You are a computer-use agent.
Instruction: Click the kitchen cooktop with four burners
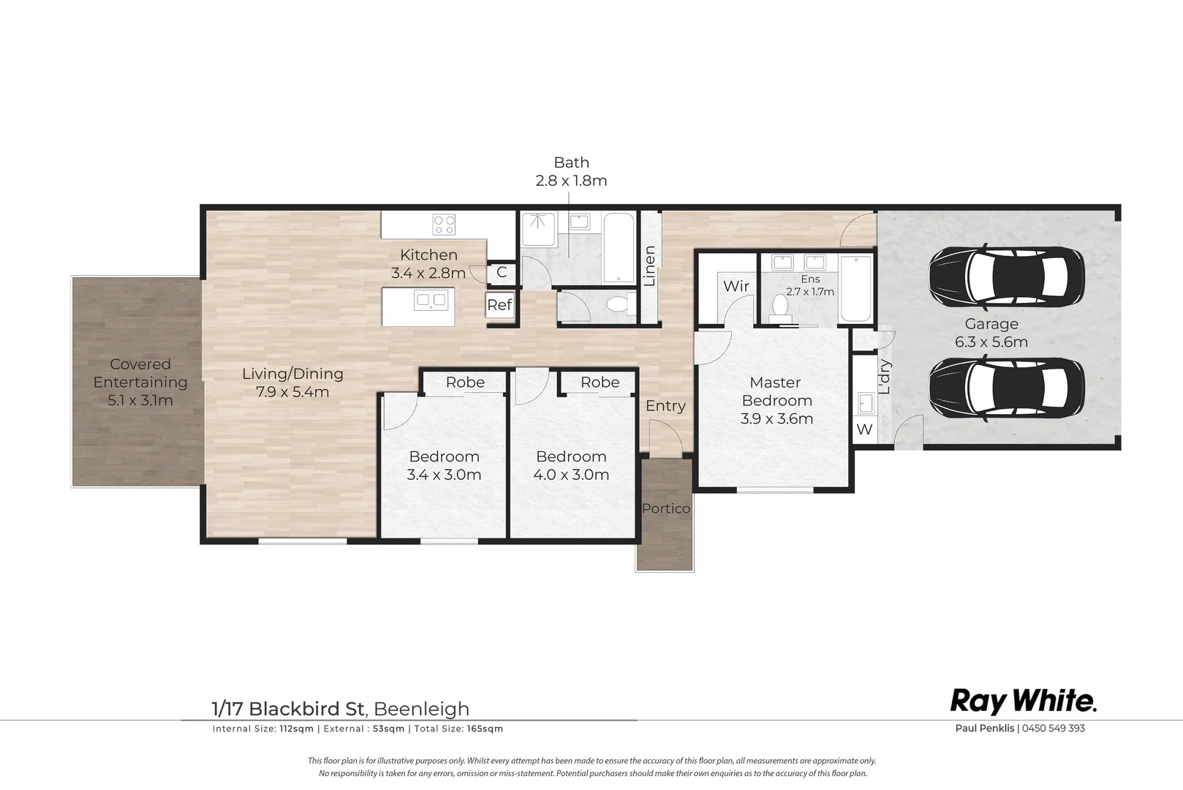tap(444, 224)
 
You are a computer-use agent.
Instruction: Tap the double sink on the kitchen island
tap(431, 300)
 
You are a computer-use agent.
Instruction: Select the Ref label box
tap(499, 305)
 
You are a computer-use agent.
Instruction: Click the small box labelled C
tap(502, 272)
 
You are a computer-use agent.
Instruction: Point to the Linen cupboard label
tap(649, 266)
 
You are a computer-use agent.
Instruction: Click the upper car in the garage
tap(1006, 277)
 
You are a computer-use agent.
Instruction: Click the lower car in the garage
tap(1006, 388)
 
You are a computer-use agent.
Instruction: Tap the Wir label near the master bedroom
tap(736, 286)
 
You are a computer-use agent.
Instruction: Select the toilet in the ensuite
tap(781, 309)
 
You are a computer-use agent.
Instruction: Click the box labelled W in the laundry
tap(864, 429)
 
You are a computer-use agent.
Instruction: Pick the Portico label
tap(665, 508)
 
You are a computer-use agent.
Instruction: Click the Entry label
tap(665, 406)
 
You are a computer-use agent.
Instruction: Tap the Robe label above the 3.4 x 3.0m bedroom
tap(465, 382)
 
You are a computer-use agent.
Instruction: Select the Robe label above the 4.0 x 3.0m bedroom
tap(600, 382)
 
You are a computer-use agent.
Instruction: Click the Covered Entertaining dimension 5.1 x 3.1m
tap(140, 400)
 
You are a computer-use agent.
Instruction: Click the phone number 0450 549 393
tap(1053, 728)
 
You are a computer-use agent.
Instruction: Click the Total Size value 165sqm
tap(485, 729)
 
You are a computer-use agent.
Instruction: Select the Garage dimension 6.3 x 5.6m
tap(991, 342)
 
